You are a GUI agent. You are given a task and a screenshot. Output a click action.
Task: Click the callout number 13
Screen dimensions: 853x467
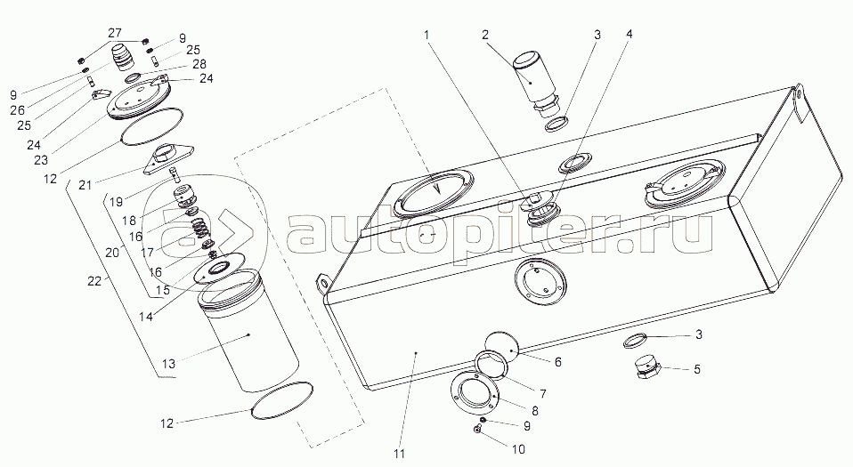pyautogui.click(x=168, y=363)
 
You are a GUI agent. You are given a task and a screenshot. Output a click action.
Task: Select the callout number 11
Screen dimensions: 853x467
pyautogui.click(x=400, y=454)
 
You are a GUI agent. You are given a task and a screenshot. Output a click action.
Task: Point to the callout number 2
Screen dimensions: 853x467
pyautogui.click(x=484, y=35)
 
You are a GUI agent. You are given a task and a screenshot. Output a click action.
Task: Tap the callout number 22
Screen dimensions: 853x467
pyautogui.click(x=94, y=281)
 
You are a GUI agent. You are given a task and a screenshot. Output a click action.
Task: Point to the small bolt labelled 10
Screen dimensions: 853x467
pyautogui.click(x=477, y=430)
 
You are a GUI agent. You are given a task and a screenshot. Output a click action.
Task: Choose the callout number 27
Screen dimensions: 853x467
pyautogui.click(x=115, y=33)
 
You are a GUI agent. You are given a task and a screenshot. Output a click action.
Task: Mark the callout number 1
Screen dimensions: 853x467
pyautogui.click(x=427, y=35)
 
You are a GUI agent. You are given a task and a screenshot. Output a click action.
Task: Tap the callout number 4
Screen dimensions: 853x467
pyautogui.click(x=630, y=35)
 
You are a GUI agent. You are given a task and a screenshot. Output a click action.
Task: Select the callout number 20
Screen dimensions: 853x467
pyautogui.click(x=112, y=252)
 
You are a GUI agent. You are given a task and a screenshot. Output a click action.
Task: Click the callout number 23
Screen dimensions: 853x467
pyautogui.click(x=41, y=160)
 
